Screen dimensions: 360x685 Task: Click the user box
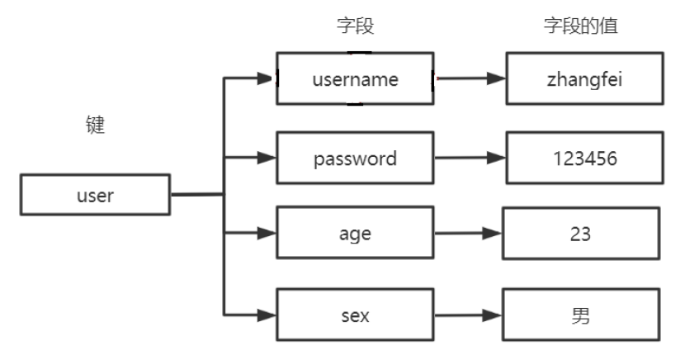point(95,196)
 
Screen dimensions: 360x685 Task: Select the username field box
point(355,79)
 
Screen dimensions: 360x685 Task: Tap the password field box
point(355,157)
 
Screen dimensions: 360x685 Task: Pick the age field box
point(355,234)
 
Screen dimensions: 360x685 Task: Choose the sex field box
point(355,315)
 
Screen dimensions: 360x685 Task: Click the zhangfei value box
point(583,79)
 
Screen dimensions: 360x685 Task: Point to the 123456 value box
point(583,157)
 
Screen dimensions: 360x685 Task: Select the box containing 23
point(581,234)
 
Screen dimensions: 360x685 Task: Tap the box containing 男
point(581,315)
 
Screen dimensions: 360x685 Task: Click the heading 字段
point(356,27)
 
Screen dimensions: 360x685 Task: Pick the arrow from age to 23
point(467,234)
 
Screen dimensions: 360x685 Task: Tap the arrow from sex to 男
point(467,315)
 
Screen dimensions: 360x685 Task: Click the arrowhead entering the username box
point(266,79)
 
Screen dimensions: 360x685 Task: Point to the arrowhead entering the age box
point(266,234)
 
